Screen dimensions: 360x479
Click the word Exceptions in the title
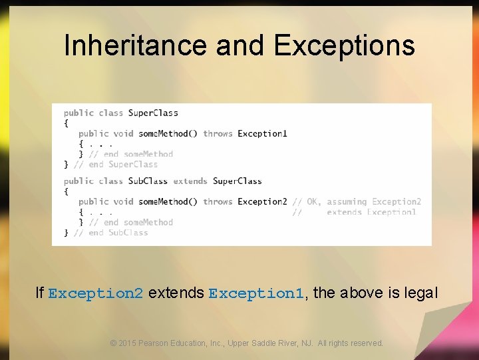pyautogui.click(x=344, y=45)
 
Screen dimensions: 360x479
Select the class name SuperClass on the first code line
pyautogui.click(x=153, y=113)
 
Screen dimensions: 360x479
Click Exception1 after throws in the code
pyautogui.click(x=262, y=133)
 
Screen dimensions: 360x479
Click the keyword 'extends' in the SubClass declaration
pyautogui.click(x=190, y=181)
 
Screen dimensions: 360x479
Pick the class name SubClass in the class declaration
pyautogui.click(x=148, y=181)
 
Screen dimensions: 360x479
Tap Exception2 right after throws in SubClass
pyautogui.click(x=262, y=201)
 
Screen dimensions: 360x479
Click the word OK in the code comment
pyautogui.click(x=312, y=201)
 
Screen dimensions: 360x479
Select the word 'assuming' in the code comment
pyautogui.click(x=347, y=201)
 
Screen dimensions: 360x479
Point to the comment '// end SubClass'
pyautogui.click(x=110, y=233)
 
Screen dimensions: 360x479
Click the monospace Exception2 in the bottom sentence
pyautogui.click(x=96, y=293)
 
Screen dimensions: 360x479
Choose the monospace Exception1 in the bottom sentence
pyautogui.click(x=256, y=293)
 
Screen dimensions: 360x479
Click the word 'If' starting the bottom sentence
pyautogui.click(x=39, y=293)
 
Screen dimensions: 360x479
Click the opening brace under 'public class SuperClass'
pyautogui.click(x=66, y=123)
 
